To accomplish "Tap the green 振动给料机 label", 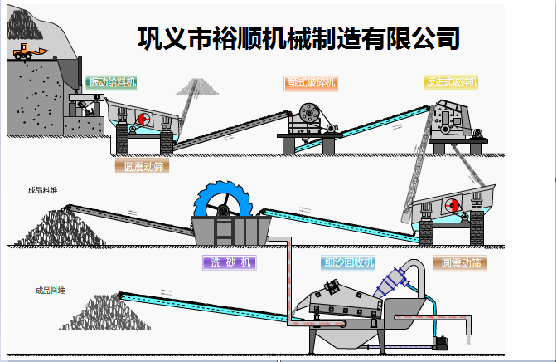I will tap(111, 82).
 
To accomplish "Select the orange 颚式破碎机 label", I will tap(311, 82).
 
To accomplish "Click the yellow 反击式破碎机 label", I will tap(452, 82).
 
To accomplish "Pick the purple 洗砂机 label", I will tap(229, 262).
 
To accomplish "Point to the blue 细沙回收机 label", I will tap(348, 263).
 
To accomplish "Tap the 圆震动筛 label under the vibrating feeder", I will tap(141, 166).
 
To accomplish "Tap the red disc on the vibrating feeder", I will tap(143, 118).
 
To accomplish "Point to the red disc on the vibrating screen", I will tap(453, 205).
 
